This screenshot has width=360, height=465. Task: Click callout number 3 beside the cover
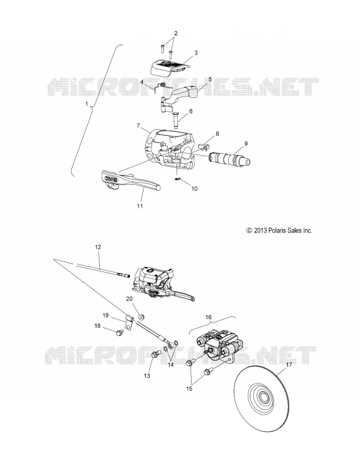coord(196,53)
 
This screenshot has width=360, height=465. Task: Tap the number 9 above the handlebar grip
coord(246,144)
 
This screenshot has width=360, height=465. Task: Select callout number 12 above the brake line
coord(98,246)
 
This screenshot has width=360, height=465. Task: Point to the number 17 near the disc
coord(289,365)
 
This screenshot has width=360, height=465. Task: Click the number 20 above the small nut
coord(129,299)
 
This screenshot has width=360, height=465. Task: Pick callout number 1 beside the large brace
coord(87,104)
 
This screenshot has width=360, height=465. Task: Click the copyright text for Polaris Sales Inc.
coord(279,230)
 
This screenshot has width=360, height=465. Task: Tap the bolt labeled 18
coord(120,332)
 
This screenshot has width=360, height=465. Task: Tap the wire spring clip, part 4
coord(161,86)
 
